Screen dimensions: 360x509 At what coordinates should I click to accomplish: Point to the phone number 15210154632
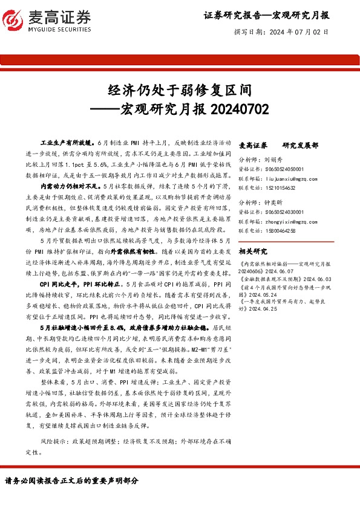point(279,188)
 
